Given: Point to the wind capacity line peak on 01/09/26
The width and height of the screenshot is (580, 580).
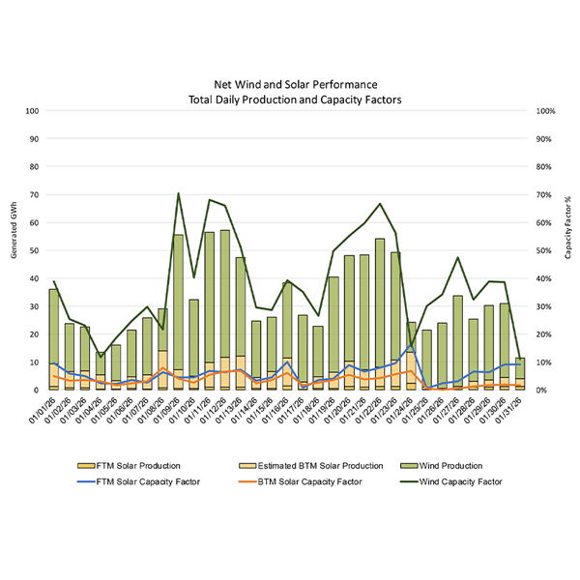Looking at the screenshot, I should coord(178,193).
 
